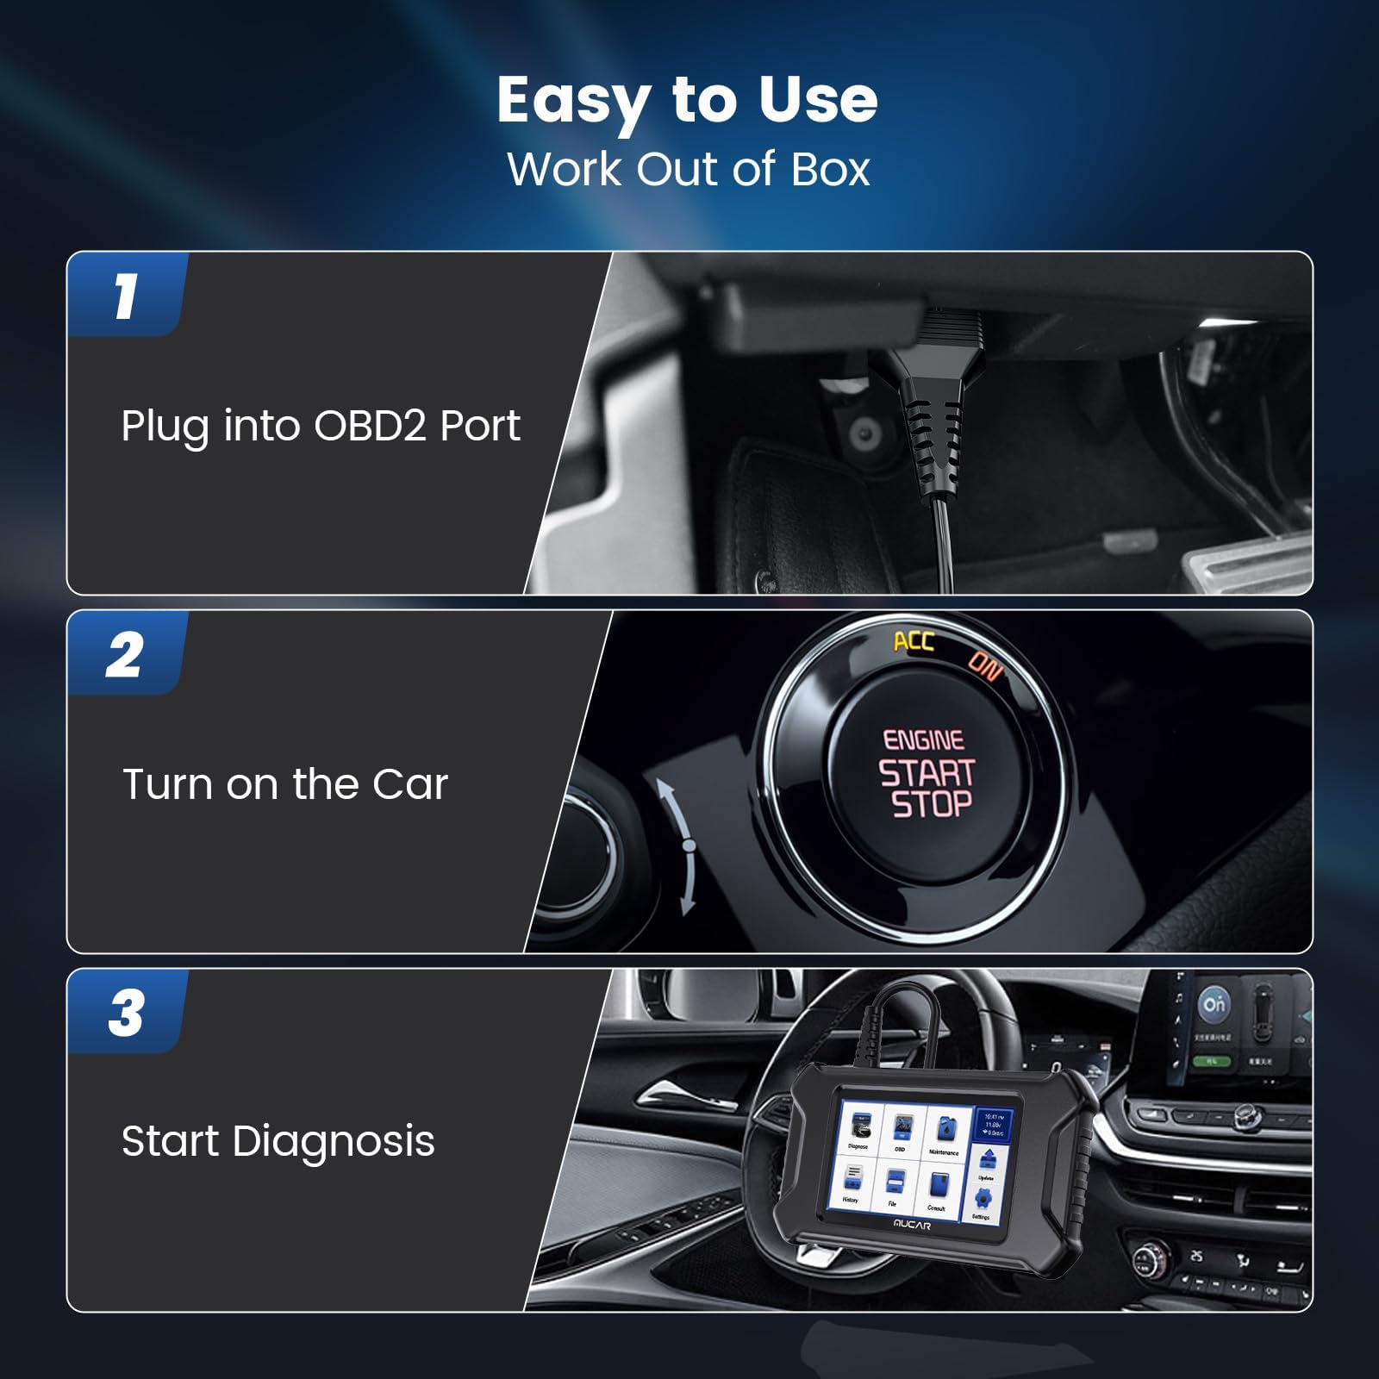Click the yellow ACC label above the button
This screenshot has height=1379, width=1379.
913,641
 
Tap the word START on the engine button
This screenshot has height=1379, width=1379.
927,773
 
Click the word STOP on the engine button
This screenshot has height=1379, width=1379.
931,805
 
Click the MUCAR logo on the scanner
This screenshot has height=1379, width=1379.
912,1225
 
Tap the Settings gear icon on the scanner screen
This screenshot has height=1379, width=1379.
983,1199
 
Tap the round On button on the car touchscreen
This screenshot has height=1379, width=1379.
1214,1004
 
